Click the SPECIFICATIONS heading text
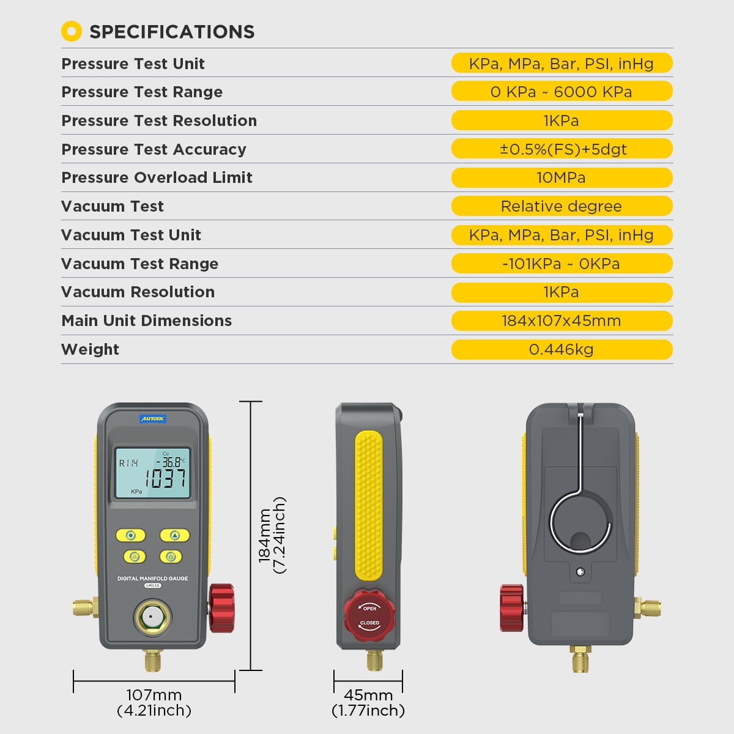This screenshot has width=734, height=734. tap(172, 32)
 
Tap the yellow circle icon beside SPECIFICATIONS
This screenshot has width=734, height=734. tap(72, 31)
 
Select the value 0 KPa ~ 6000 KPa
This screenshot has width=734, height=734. tap(561, 92)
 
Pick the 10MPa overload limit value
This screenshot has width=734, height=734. tap(561, 177)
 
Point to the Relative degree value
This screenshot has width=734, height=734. tap(561, 206)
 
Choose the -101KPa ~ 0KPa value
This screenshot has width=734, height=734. tap(561, 264)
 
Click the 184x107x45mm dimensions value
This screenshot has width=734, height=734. tap(561, 321)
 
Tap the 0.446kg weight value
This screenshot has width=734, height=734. tap(561, 349)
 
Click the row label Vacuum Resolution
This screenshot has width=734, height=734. tap(138, 292)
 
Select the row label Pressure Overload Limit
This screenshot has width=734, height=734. tap(157, 177)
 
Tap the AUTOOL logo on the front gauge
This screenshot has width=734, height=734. tap(153, 419)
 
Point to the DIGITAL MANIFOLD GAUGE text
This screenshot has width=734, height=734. tap(152, 578)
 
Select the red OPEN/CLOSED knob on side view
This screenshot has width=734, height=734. tap(369, 615)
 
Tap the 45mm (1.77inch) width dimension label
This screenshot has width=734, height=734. tap(368, 703)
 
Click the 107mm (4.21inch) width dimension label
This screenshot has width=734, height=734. tap(154, 703)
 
